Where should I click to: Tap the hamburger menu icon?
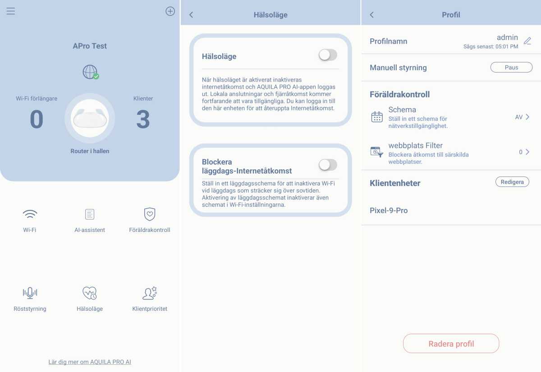[x=11, y=11]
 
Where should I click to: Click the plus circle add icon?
[x=170, y=11]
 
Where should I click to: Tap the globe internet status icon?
[x=91, y=72]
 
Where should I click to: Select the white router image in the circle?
[x=90, y=118]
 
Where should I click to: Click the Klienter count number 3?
[x=143, y=119]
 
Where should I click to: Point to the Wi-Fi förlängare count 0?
[x=37, y=119]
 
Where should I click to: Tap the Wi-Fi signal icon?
[x=30, y=214]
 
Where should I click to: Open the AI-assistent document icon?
[x=90, y=214]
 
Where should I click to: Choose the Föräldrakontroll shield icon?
[x=150, y=214]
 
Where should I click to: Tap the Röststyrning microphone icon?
[x=30, y=293]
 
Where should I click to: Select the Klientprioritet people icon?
[x=150, y=293]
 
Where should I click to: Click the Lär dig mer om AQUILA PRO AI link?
[x=90, y=362]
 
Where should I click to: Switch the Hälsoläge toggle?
[x=328, y=55]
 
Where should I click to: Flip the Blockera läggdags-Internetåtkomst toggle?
[x=328, y=165]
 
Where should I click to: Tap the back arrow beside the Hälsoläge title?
[x=191, y=15]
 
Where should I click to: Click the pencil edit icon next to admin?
[x=527, y=41]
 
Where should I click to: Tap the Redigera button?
[x=512, y=182]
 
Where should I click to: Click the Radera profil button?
[x=451, y=344]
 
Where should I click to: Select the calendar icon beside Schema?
[x=377, y=117]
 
